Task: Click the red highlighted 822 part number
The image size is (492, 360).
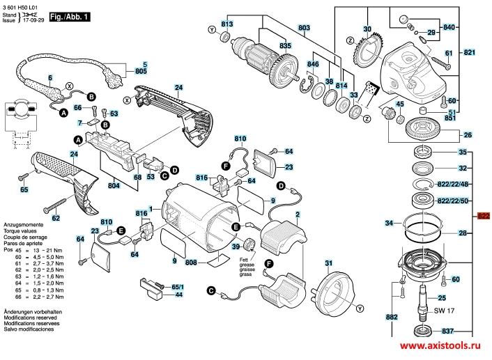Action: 483,217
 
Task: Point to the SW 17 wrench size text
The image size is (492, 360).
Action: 443,311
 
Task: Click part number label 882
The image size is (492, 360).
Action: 392,318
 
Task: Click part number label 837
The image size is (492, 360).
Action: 447,331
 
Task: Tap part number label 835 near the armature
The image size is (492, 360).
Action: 285,46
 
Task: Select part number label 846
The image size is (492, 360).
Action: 313,64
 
